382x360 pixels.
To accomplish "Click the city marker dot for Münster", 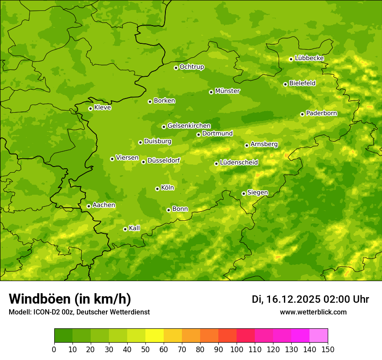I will pos(211,92).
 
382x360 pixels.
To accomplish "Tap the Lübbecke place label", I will pos(309,58).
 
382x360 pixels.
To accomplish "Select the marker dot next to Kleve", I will pos(91,108).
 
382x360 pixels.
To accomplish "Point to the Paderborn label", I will pos(321,113).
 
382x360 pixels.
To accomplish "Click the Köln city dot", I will pos(157,189).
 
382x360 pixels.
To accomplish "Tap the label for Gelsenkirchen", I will pos(189,126).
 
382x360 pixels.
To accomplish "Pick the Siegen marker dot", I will pos(244,193).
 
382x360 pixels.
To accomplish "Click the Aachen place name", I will pos(104,205).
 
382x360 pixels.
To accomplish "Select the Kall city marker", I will pos(125,229).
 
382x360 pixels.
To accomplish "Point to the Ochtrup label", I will pos(191,67).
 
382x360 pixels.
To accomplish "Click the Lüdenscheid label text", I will pos(239,163).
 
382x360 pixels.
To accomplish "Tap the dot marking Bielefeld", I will pos(285,84).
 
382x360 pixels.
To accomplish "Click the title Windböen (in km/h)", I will pos(69,299).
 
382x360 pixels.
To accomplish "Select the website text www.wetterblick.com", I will pos(313,312).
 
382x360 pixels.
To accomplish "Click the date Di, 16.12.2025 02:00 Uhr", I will pos(310,299).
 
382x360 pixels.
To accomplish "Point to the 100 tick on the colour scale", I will pos(237,349).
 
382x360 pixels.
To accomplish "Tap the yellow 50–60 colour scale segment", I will pos(155,336).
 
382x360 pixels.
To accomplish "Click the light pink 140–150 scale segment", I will pos(319,336).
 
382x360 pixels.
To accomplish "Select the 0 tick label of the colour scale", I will pos(54,349).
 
